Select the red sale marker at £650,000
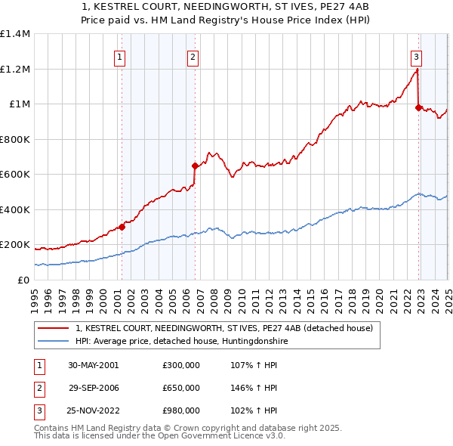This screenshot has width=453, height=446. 195,166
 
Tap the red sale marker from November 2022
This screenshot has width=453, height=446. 418,108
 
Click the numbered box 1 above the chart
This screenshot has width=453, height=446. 120,56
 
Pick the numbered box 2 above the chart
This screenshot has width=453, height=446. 193,56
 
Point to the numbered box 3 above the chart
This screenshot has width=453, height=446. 416,56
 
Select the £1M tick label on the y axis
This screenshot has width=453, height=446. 20,104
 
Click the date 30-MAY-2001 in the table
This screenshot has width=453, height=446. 94,365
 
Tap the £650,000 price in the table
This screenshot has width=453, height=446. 181,388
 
